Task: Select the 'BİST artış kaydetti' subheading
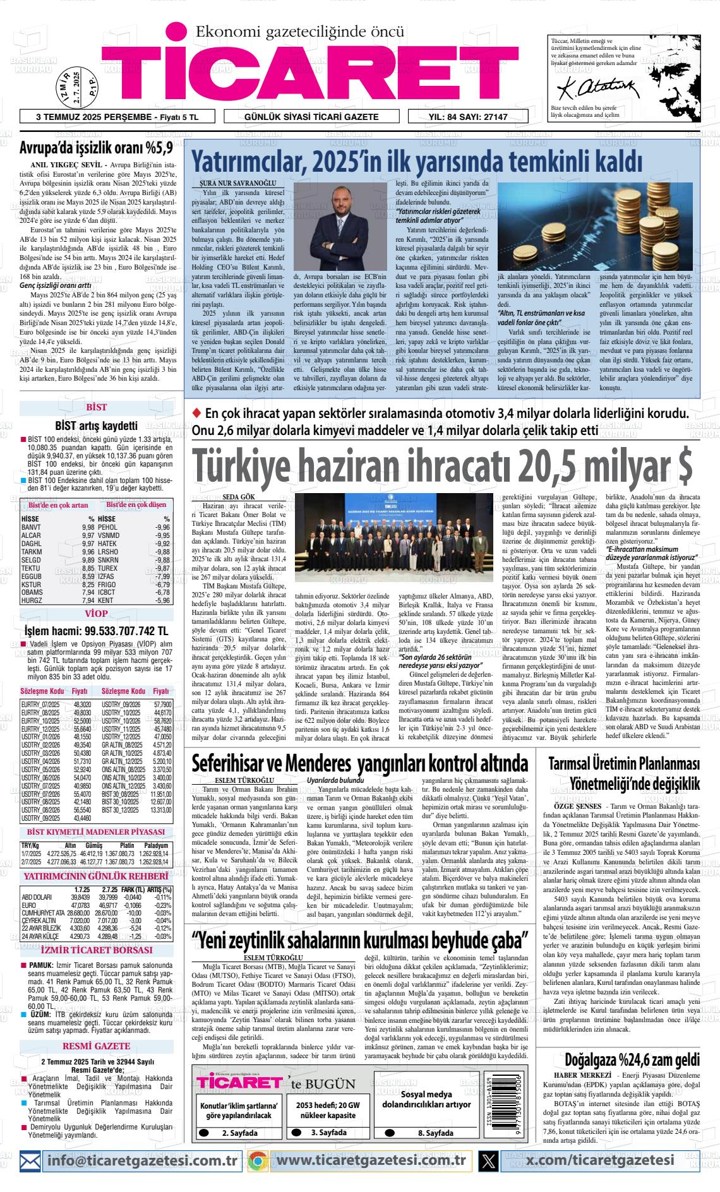[96, 425]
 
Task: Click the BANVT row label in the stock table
[32, 527]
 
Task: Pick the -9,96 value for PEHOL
[162, 527]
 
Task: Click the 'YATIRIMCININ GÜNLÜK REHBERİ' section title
[96, 876]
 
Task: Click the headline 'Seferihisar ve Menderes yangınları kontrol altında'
[359, 763]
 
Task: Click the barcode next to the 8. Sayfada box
[510, 1107]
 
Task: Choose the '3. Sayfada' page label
[328, 1133]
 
